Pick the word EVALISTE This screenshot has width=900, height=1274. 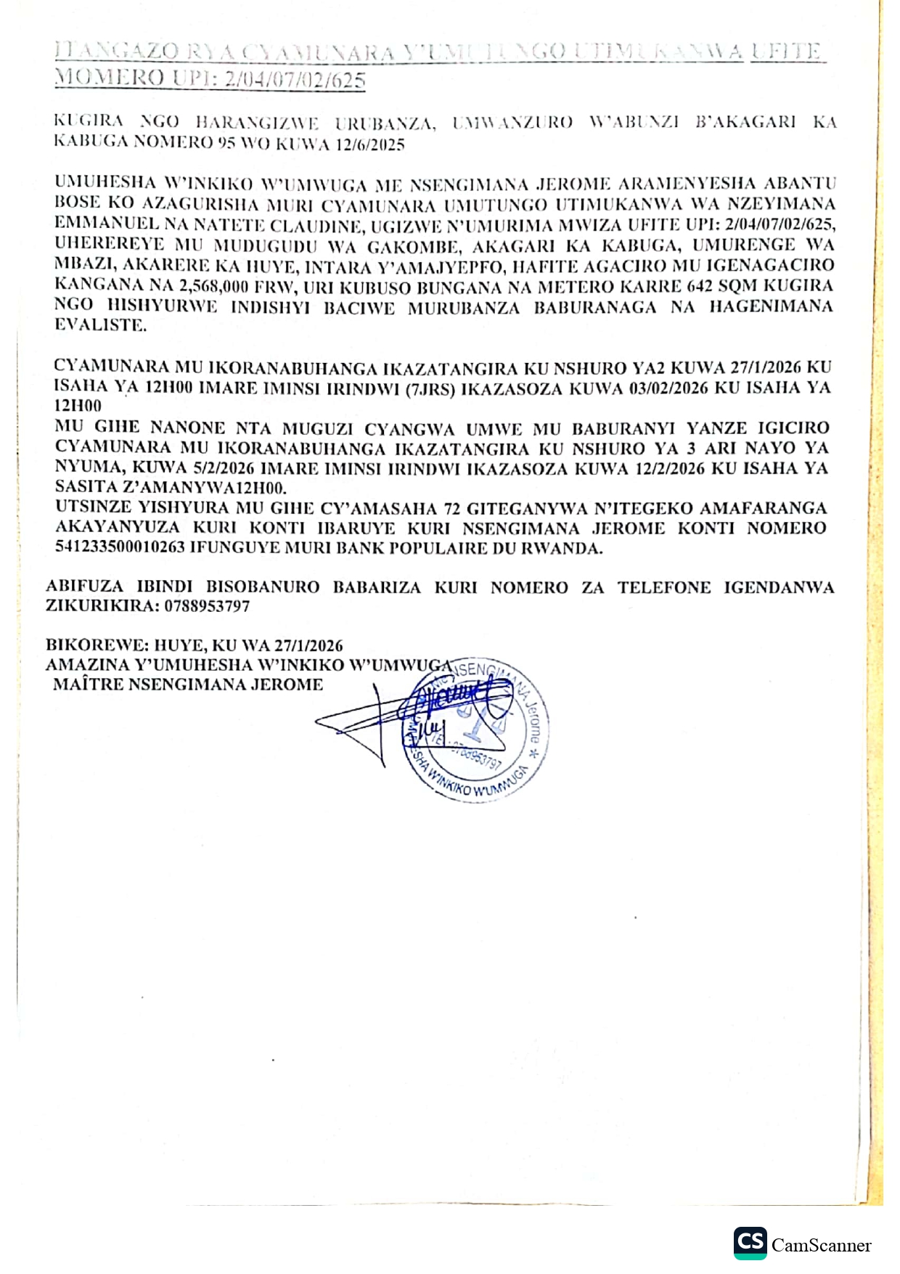point(100,325)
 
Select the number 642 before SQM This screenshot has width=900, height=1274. point(700,285)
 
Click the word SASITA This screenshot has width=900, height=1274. point(81,487)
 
